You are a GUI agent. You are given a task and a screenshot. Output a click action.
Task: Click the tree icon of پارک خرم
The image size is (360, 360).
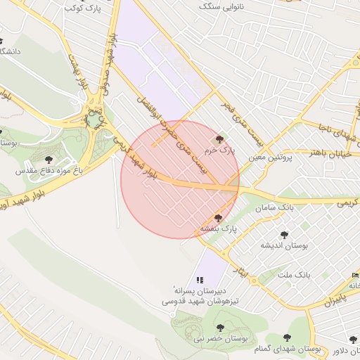click(220, 140)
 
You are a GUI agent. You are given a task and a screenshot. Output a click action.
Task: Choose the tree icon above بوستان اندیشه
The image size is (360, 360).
click(284, 235)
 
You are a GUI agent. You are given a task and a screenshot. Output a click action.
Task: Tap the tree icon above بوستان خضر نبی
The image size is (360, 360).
click(221, 327)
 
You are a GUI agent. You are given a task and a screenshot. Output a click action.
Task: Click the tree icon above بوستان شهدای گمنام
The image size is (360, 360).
click(288, 338)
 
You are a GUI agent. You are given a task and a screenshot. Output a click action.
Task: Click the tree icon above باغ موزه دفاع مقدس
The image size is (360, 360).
click(49, 160)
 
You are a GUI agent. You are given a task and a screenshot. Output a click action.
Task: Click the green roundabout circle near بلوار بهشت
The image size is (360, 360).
click(94, 120)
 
